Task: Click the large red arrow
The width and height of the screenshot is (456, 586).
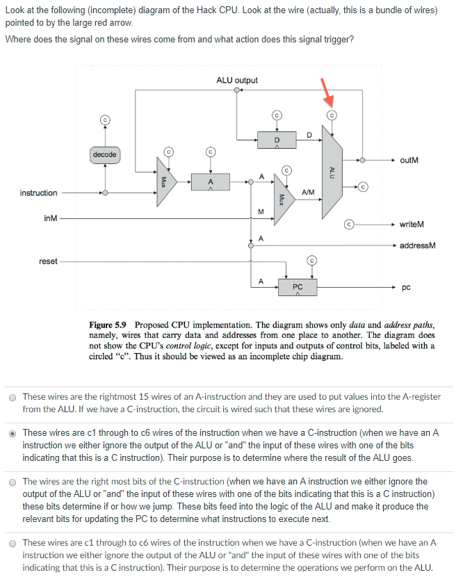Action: (x=325, y=90)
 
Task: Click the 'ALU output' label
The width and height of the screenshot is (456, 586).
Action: (x=236, y=81)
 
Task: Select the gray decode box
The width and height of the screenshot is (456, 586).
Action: (x=104, y=154)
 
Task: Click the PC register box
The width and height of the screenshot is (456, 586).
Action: (x=298, y=286)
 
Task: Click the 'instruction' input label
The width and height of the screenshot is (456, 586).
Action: (x=38, y=193)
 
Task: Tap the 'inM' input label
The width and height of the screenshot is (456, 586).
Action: (x=50, y=219)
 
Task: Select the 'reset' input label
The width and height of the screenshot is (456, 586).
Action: (x=48, y=261)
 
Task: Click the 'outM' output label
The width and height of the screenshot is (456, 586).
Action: (x=409, y=161)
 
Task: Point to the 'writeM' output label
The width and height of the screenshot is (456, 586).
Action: (x=412, y=225)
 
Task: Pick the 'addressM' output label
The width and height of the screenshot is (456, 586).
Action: (x=417, y=245)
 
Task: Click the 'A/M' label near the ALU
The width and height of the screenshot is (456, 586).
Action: (x=309, y=192)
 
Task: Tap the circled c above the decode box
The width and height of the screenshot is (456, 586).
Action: (x=105, y=120)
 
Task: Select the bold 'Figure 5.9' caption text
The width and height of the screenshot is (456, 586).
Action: (x=109, y=325)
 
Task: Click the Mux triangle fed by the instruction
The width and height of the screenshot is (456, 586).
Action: (x=164, y=182)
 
